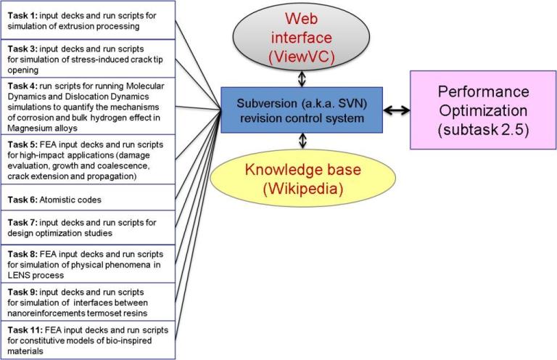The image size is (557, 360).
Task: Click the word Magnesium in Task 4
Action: tap(30, 124)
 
